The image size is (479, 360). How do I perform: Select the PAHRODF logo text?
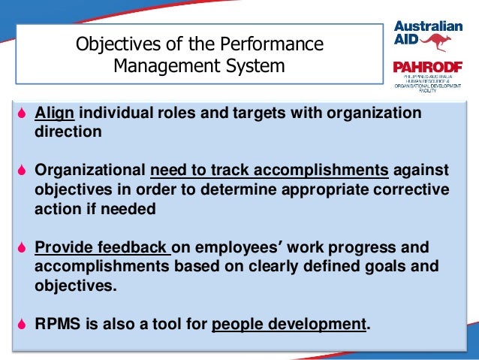pos(428,68)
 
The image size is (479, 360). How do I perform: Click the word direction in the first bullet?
pos(67,132)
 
